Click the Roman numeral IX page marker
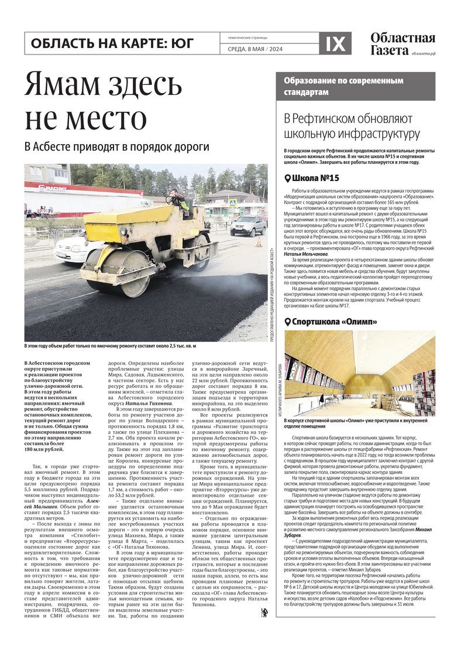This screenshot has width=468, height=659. (335, 43)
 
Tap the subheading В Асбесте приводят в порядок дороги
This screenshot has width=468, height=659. (117, 147)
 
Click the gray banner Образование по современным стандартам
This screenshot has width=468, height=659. (356, 86)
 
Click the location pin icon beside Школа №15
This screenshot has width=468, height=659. (287, 179)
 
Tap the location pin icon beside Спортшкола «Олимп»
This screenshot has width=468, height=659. (287, 322)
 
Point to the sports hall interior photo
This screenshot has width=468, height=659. (359, 373)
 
